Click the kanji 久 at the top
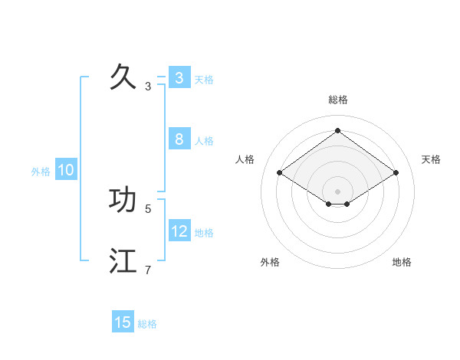tap(123, 77)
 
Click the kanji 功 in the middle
tap(123, 200)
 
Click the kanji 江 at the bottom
tap(123, 261)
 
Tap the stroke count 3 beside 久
tap(148, 87)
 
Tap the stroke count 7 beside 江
tap(148, 270)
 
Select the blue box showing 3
tap(179, 78)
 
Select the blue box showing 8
tap(179, 139)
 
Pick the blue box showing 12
tap(179, 231)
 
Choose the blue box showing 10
tap(66, 171)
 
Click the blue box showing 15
tap(123, 322)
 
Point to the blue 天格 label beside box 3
tap(204, 80)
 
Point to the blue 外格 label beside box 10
tap(41, 172)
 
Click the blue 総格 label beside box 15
tap(147, 324)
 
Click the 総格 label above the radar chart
tap(337, 100)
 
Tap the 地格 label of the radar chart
tap(402, 262)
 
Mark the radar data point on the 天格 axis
tap(396, 173)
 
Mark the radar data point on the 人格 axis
tap(280, 173)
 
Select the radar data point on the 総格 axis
tap(337, 130)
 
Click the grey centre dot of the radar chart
tap(337, 191)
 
